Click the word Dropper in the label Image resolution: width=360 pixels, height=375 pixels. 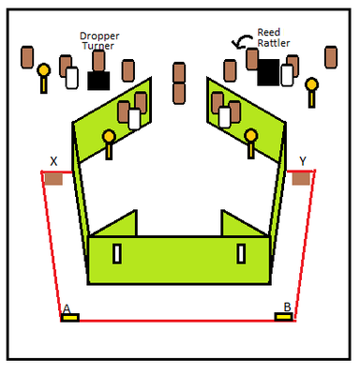pyautogui.click(x=99, y=37)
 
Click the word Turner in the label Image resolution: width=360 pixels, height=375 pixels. pyautogui.click(x=98, y=46)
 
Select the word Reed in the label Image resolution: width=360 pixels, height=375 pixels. pyautogui.click(x=269, y=32)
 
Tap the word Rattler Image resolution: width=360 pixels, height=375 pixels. pyautogui.click(x=274, y=43)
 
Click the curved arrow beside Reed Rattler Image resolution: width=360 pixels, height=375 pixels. pyautogui.click(x=241, y=40)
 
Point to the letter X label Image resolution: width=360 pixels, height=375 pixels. pyautogui.click(x=53, y=161)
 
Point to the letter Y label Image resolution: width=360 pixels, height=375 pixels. pyautogui.click(x=303, y=161)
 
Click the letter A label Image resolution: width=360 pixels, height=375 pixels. pyautogui.click(x=67, y=308)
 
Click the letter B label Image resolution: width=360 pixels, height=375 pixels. pyautogui.click(x=287, y=307)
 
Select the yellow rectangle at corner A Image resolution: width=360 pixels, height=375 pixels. pyautogui.click(x=70, y=318)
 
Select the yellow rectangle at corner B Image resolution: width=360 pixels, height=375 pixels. pyautogui.click(x=284, y=317)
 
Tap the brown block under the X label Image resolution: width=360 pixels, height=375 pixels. pyautogui.click(x=53, y=179)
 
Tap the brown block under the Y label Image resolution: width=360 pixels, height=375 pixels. pyautogui.click(x=301, y=179)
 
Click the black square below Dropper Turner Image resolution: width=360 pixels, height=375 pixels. pyautogui.click(x=98, y=81)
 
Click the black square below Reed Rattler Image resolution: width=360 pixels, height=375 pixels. pyautogui.click(x=268, y=72)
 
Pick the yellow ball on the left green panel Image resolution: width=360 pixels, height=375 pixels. pyautogui.click(x=109, y=137)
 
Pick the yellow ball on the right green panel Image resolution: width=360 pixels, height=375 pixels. pyautogui.click(x=251, y=136)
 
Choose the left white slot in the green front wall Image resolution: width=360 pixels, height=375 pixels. pyautogui.click(x=117, y=254)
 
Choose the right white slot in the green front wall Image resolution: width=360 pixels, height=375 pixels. pyautogui.click(x=241, y=254)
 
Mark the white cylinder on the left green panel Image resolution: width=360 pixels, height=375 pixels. pyautogui.click(x=135, y=119)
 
